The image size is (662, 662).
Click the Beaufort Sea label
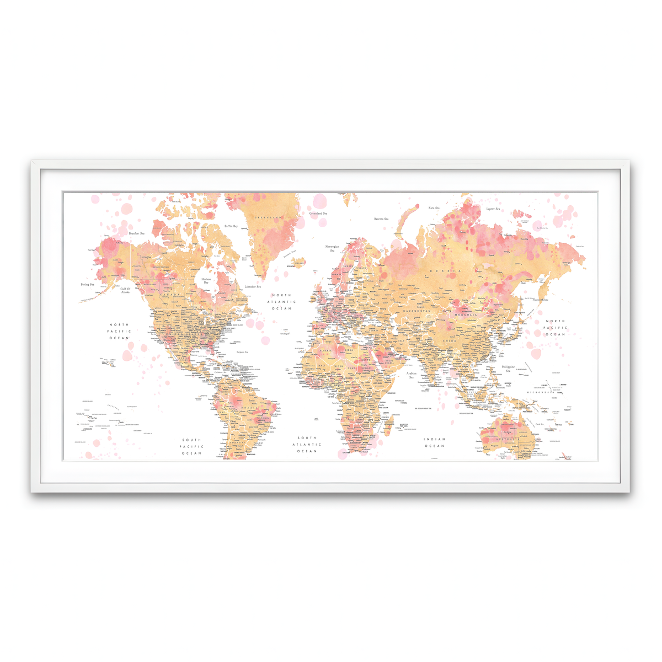pos(137,233)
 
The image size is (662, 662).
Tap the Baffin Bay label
pos(231,226)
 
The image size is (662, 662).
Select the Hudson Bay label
pos(206,281)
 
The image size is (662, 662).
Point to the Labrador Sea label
pos(253,287)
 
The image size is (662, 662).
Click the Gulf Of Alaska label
pos(125,290)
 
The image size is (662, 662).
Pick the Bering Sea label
pos(88,285)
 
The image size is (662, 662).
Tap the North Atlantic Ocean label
pos(282,302)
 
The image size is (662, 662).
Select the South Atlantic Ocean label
pos(307,445)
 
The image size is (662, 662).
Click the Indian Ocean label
pos(434,442)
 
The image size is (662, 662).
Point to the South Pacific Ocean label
pos(192,447)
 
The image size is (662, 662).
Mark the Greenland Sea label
pos(318,213)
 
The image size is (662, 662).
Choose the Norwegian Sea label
pos(332,248)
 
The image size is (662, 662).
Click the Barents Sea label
pos(381,219)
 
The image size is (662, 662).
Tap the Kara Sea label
pos(434,208)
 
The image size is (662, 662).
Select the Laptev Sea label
pos(493,209)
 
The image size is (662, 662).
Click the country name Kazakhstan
pos(417,312)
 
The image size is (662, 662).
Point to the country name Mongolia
pos(466,314)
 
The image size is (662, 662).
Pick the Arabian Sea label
pos(412,375)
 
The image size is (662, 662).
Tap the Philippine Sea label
pos(508,369)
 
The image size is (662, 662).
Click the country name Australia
pos(507,440)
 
